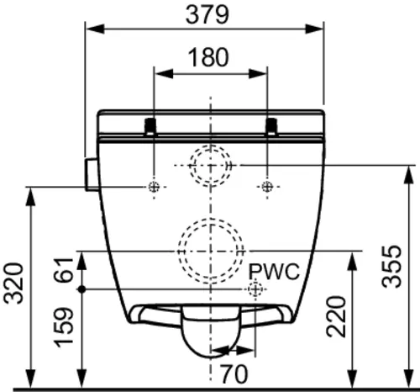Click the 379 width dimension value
pos(207,14)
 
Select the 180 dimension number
pos(208,57)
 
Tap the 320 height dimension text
pos(13,283)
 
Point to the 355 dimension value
pos(391,266)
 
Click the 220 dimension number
pos(336,316)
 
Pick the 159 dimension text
pos(64,327)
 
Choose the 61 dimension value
pos(64,269)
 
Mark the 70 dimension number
pos(234,373)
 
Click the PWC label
pos(274,272)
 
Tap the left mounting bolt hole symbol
pos(154,187)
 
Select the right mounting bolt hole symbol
pos(267,187)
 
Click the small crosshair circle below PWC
pos(255,289)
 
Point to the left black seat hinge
pos(150,126)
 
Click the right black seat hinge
pos(271,126)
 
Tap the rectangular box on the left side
pos(92,174)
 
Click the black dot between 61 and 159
pos(81,289)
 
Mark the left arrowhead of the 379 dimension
pos(96,29)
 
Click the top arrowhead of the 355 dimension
pos(409,175)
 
